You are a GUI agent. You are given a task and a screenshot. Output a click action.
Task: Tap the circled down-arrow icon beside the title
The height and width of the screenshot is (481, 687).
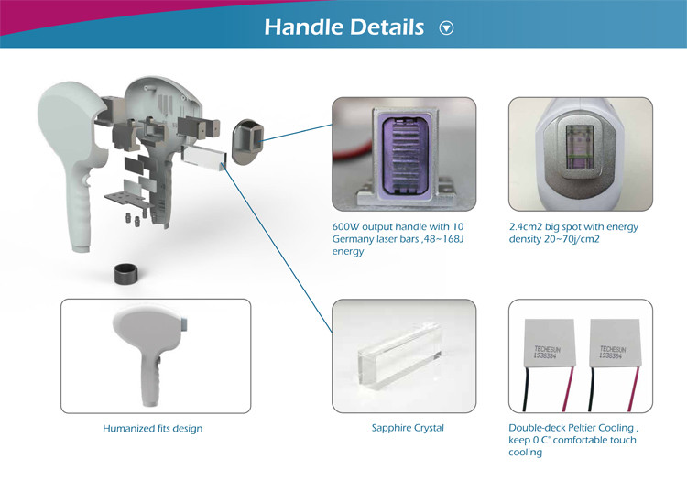446,28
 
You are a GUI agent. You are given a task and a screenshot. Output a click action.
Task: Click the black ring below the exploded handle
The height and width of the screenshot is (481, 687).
128,274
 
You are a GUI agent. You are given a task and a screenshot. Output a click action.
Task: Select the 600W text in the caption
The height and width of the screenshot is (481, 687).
345,226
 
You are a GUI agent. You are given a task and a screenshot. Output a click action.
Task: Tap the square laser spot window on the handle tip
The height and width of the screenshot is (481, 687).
580,147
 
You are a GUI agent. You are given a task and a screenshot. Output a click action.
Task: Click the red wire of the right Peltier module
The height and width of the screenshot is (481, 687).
634,388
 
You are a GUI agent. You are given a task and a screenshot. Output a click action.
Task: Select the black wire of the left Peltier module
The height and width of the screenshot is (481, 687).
527,388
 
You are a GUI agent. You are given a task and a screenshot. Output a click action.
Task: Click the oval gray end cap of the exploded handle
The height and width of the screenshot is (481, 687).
247,142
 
